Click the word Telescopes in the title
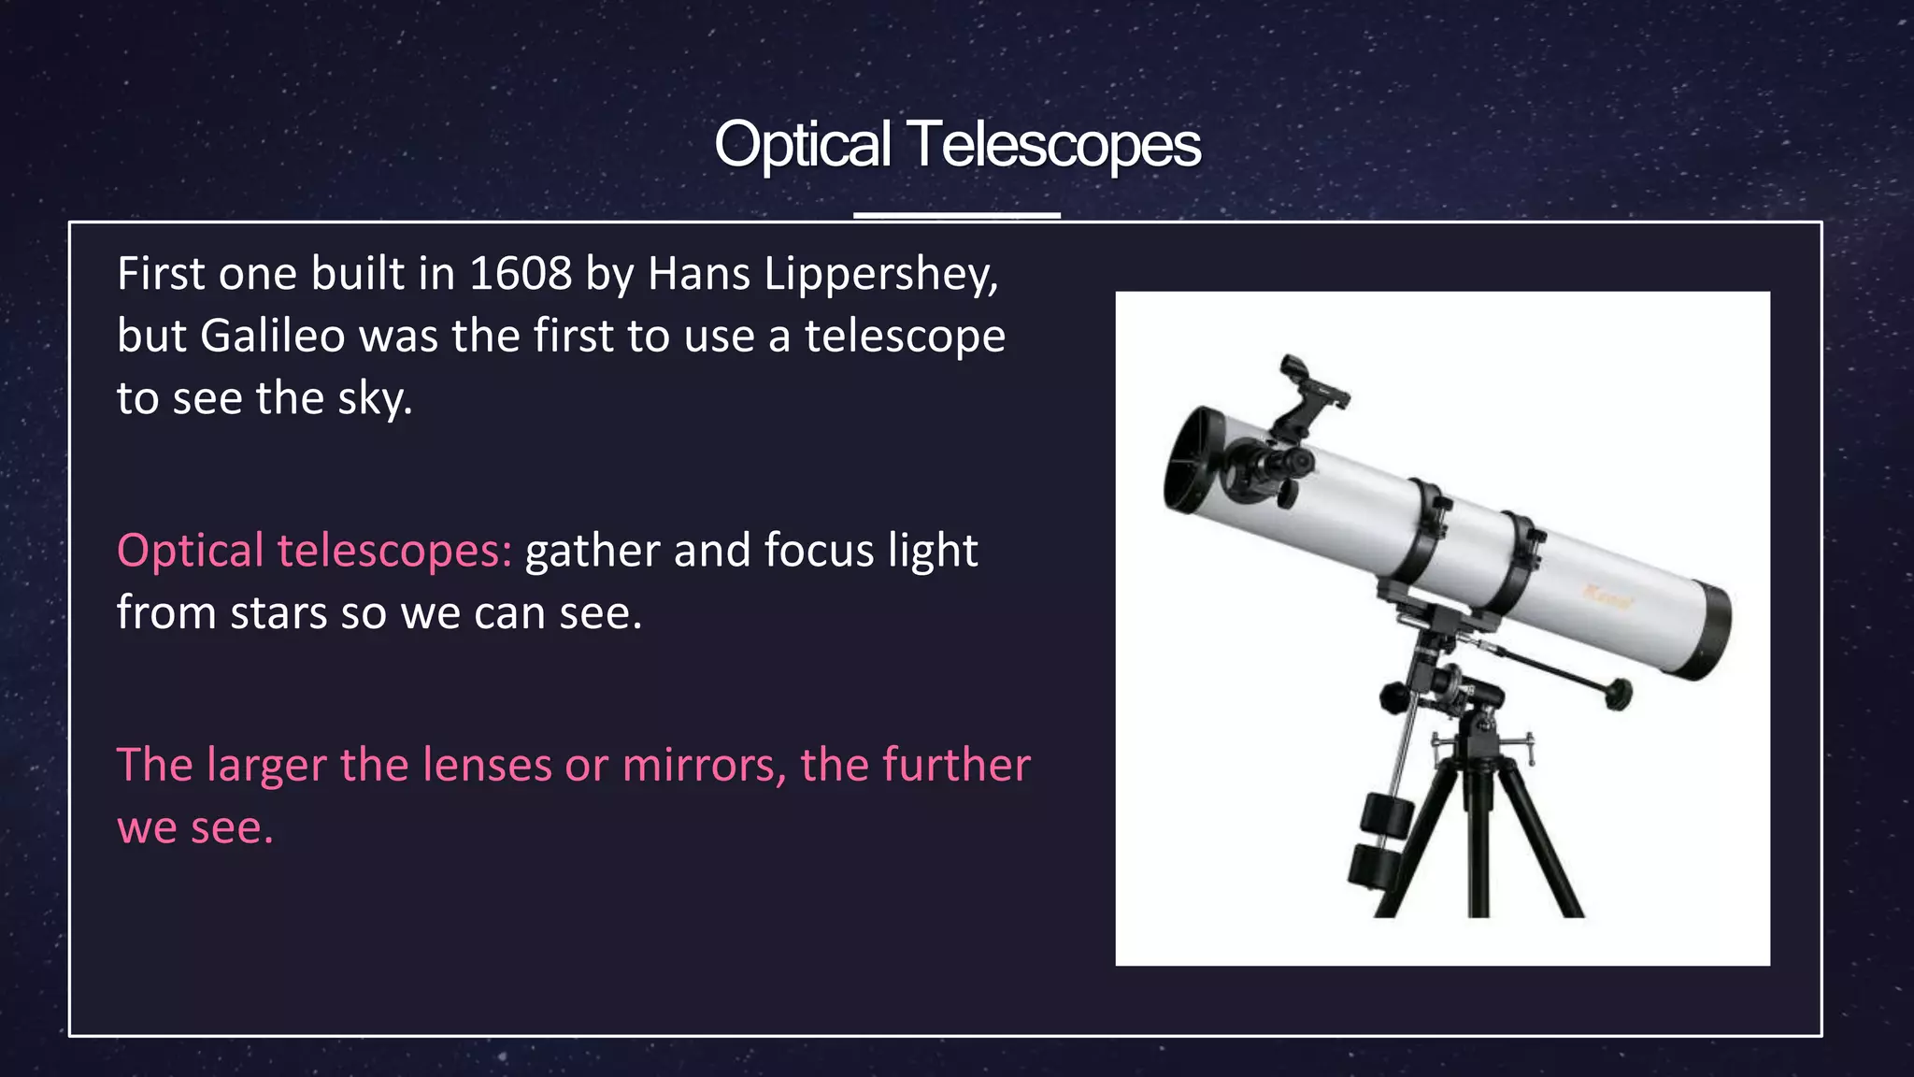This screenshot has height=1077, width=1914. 1053,145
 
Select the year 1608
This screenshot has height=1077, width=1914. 520,274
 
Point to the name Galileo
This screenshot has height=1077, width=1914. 273,336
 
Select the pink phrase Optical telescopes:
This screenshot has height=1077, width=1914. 314,551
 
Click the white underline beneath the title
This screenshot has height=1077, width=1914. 956,215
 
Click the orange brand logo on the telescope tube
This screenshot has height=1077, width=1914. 1607,596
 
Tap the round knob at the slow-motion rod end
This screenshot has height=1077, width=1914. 1618,694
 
